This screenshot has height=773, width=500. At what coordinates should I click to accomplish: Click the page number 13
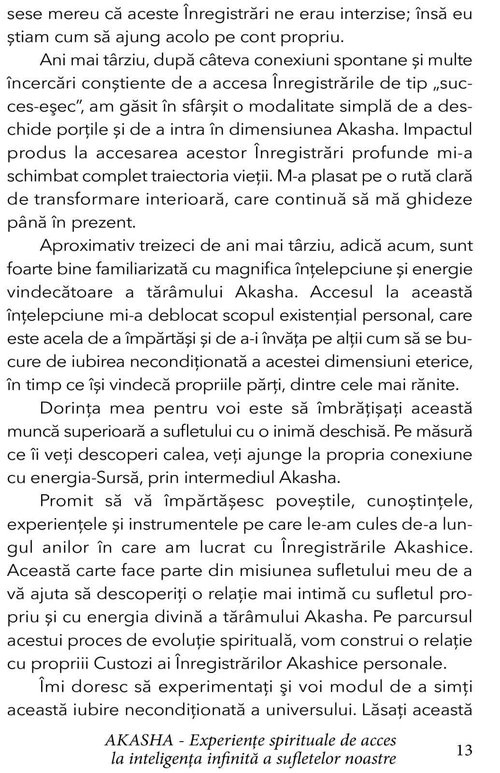464,750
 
